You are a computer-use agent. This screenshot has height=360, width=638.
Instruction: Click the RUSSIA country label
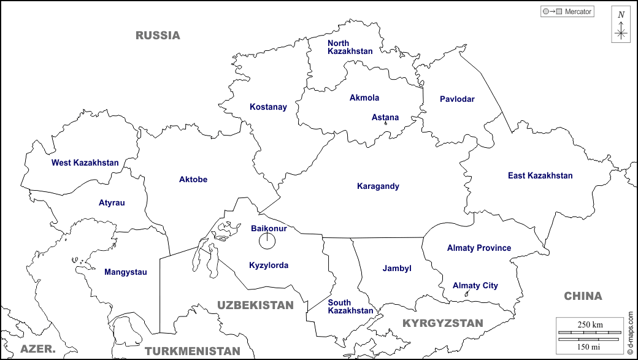coord(158,36)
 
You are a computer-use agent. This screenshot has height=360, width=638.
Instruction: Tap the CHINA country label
coord(583,296)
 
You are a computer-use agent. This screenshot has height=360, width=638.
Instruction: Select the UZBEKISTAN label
coord(255,305)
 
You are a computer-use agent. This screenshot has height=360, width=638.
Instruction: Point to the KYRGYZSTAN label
coord(442,323)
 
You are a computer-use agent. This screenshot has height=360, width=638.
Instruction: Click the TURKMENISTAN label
coord(192,351)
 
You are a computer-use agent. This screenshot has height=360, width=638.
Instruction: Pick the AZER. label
coord(37,349)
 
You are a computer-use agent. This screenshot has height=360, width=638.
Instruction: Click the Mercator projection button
coord(567,11)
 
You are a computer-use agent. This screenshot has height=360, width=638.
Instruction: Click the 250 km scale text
coord(590,324)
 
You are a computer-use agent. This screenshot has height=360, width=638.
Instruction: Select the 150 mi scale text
coord(590,347)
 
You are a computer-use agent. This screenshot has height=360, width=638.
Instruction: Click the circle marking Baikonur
coord(267,241)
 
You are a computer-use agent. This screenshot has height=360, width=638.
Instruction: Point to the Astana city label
coord(385,117)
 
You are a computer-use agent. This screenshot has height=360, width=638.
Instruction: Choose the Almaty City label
coord(475,286)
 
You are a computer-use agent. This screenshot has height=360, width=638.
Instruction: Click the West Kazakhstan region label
coord(85,163)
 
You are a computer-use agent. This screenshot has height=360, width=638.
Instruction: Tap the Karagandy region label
coord(378,186)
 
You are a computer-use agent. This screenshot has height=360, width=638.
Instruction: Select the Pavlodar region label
coord(457,99)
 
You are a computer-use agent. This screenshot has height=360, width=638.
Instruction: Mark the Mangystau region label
coord(125,272)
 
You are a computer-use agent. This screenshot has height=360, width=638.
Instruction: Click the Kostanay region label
coord(268,107)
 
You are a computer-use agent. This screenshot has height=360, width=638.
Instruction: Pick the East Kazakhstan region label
coord(540,176)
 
